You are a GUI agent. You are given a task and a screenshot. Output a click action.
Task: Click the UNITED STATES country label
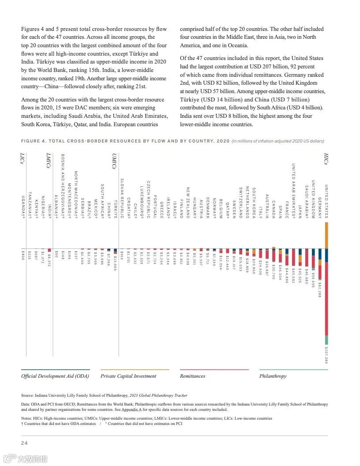point(326,201)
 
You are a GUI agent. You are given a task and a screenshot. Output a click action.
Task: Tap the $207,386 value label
point(326,355)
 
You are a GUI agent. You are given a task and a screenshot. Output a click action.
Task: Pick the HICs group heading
point(326,159)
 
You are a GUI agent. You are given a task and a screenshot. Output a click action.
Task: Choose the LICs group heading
point(22,158)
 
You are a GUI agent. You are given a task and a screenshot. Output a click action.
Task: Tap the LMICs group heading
point(49,160)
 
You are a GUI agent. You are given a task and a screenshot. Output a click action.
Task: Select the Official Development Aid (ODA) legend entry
point(55,376)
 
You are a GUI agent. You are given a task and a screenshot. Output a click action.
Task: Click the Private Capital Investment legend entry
point(128,376)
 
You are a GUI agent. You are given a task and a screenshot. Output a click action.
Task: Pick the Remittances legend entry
point(192,376)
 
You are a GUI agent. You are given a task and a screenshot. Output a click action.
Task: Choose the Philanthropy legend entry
point(273,376)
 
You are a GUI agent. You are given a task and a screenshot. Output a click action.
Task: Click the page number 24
point(25,443)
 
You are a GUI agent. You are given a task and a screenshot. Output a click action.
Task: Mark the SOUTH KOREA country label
point(254,203)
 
